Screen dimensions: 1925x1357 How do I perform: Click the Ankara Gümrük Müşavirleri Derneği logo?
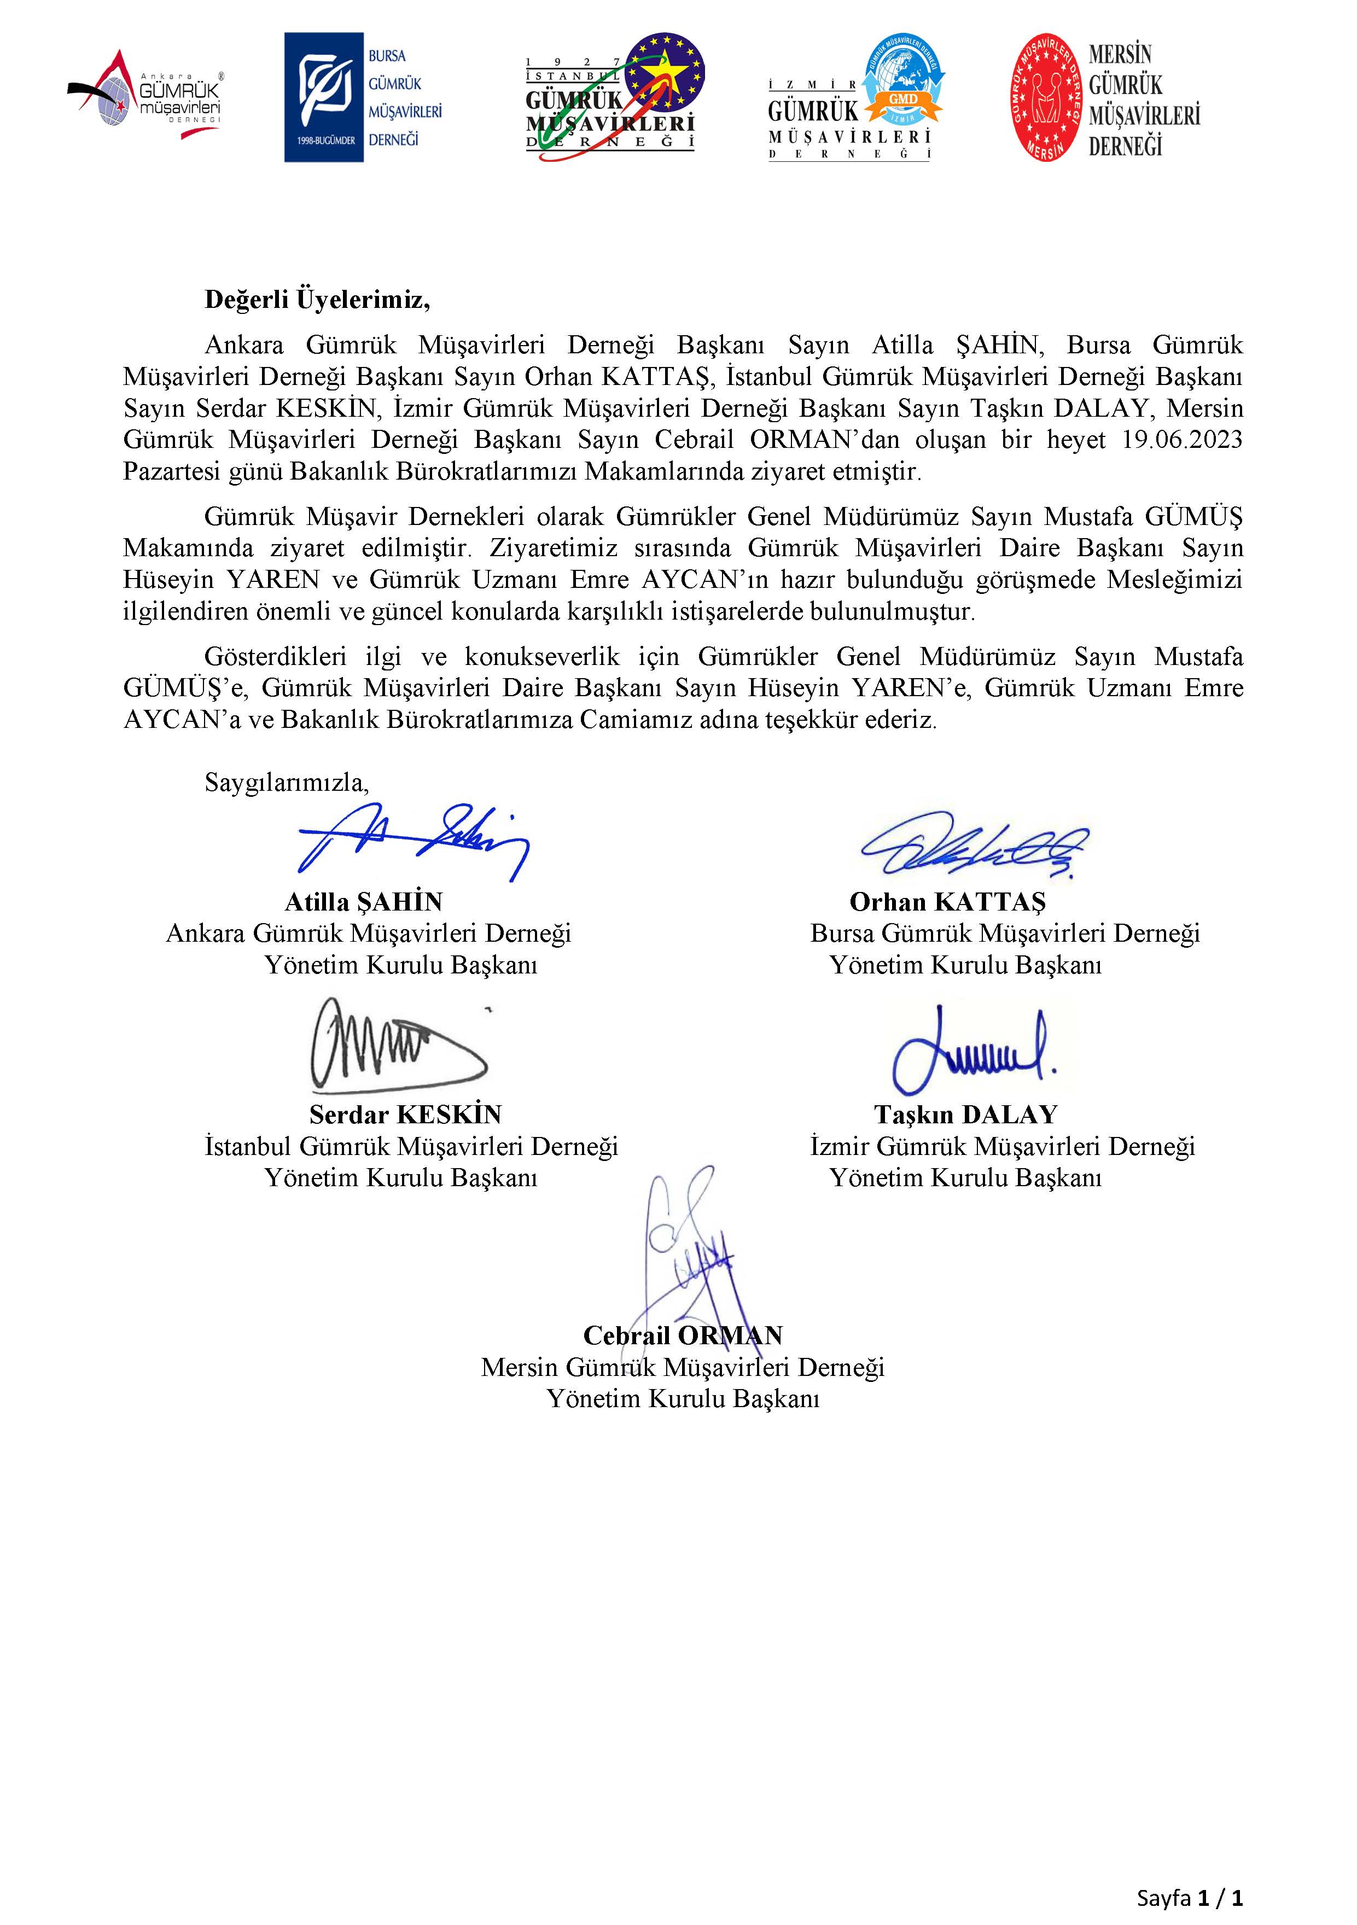144,94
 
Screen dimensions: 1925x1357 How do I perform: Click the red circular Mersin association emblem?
1045,98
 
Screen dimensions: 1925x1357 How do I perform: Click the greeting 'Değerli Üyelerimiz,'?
317,300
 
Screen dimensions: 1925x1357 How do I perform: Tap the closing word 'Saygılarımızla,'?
287,783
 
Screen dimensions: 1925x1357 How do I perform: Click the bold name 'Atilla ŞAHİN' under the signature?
363,902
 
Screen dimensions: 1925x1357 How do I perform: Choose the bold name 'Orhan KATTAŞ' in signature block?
948,902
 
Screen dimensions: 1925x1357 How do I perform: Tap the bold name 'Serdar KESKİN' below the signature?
405,1115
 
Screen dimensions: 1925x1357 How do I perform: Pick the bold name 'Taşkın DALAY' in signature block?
965,1115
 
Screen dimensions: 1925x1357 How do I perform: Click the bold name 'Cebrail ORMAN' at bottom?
683,1335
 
